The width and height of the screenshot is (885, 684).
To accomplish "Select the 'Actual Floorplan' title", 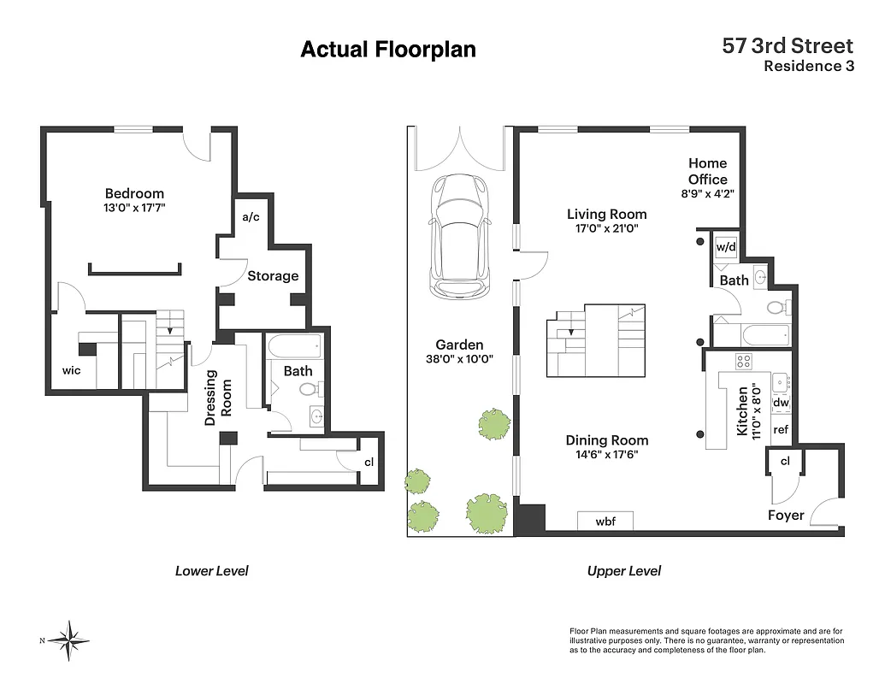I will point(387,50).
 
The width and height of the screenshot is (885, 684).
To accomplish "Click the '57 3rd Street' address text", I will point(788,46).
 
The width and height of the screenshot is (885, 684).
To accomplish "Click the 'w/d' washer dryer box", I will point(725,247).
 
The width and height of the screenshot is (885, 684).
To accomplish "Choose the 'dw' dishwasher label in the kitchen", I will point(780,403).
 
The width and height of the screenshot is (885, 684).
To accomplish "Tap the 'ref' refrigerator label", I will point(780,430).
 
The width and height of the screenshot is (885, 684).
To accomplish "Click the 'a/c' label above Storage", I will point(251,217).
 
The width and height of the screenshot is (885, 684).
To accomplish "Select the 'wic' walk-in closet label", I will point(71,370).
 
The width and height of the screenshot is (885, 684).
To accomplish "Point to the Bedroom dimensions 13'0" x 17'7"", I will point(134,208).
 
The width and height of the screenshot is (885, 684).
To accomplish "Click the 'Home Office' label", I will point(707,171).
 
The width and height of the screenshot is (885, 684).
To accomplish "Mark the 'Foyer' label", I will point(785,515).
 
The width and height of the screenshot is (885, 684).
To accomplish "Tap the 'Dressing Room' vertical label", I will point(219,393).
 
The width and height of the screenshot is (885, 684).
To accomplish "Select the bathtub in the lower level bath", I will point(294,346).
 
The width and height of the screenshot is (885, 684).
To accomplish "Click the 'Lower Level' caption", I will point(211,570).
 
